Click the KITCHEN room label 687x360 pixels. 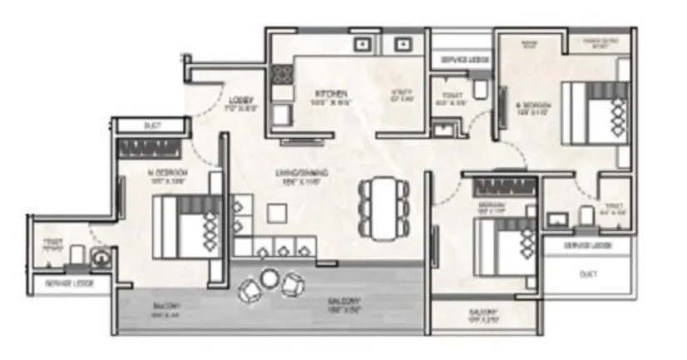[x=324, y=92]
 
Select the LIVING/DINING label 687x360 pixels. [x=302, y=173]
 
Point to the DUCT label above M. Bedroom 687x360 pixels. [x=151, y=126]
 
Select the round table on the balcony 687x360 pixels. [x=269, y=279]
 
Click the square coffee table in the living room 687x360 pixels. [x=276, y=212]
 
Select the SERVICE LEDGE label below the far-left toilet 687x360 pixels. [x=70, y=284]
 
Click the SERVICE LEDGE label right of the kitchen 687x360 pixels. [x=462, y=61]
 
